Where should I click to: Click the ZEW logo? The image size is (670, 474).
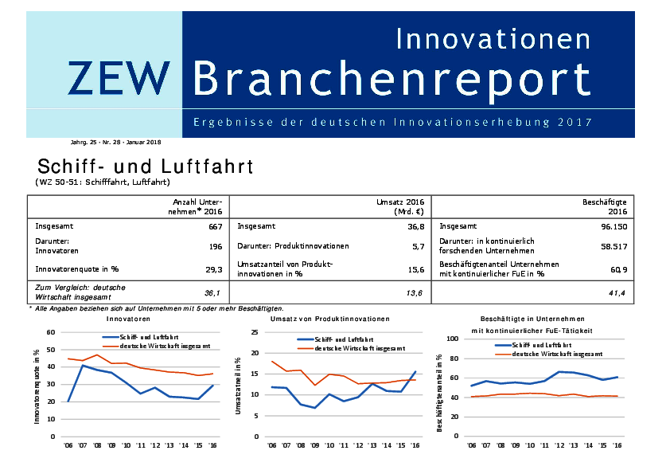118,78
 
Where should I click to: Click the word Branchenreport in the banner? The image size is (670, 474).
391,78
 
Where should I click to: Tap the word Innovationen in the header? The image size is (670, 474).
493,37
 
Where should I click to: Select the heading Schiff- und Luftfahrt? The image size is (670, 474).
145,166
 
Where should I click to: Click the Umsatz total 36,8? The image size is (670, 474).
416,227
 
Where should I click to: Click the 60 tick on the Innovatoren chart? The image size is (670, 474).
50,332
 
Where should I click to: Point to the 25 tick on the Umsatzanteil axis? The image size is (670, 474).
254,332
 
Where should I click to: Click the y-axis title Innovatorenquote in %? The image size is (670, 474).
37,385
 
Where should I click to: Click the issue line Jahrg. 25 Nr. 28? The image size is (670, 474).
116,142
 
